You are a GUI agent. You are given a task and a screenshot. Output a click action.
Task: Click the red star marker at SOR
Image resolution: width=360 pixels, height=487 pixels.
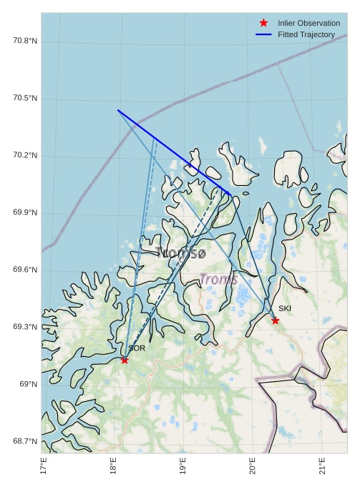pyautogui.click(x=125, y=360)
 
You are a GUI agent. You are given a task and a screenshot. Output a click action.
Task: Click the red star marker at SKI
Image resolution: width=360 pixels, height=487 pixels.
pyautogui.click(x=275, y=320)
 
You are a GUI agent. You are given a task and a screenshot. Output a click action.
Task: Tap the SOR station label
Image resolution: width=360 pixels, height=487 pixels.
pyautogui.click(x=137, y=348)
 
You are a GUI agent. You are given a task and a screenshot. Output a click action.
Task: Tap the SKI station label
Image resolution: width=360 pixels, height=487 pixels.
pyautogui.click(x=285, y=308)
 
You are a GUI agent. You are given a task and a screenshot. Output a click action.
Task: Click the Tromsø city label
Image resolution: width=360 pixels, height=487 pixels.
pyautogui.click(x=181, y=253)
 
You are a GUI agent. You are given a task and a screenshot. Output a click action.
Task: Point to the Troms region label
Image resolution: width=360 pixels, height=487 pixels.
pyautogui.click(x=218, y=279)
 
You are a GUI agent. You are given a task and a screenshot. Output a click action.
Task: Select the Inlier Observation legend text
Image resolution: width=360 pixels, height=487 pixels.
pyautogui.click(x=308, y=24)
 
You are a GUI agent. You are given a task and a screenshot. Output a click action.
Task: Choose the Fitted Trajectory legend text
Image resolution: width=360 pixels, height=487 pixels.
pyautogui.click(x=306, y=34)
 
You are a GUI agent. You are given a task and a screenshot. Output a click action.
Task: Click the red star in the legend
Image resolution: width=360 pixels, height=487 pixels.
pyautogui.click(x=263, y=24)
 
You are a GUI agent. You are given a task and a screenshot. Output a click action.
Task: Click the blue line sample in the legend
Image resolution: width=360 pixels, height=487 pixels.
pyautogui.click(x=263, y=34)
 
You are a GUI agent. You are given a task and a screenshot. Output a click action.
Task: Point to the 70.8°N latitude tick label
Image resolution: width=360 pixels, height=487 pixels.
pyautogui.click(x=25, y=41)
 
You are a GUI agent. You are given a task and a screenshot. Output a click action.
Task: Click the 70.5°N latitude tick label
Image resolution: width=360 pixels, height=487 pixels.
pyautogui.click(x=25, y=98)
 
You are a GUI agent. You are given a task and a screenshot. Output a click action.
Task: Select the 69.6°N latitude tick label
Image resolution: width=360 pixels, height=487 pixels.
pyautogui.click(x=25, y=270)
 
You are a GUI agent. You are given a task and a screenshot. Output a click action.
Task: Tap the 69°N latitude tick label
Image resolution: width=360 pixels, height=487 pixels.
pyautogui.click(x=28, y=384)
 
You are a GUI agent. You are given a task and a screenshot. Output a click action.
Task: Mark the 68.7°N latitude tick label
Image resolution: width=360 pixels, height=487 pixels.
pyautogui.click(x=25, y=441)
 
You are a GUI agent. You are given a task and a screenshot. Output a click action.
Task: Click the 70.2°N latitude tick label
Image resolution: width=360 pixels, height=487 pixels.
pyautogui.click(x=25, y=155)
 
